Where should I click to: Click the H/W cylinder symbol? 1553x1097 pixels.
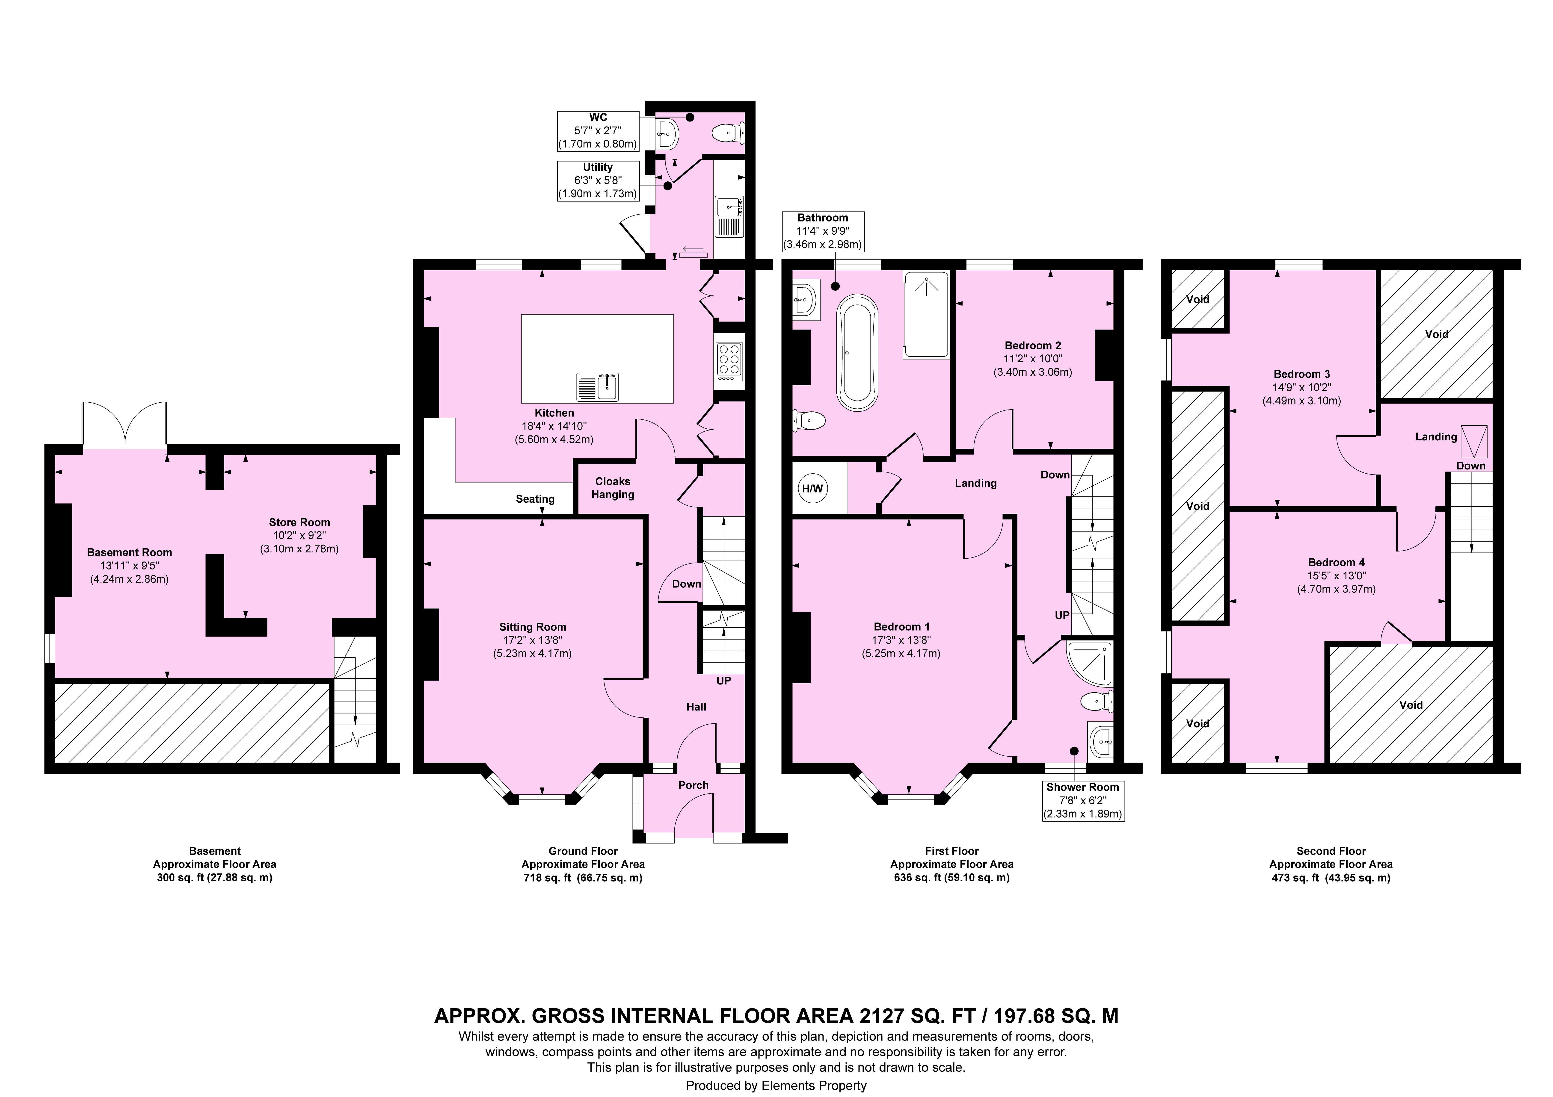[812, 488]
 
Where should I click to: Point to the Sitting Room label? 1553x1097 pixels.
[532, 627]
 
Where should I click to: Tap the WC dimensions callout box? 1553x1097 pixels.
[598, 130]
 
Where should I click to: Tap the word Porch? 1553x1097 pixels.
[693, 785]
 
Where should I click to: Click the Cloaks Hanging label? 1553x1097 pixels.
[613, 488]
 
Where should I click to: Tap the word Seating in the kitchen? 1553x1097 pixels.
[535, 499]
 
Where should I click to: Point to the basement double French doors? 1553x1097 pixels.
[125, 425]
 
